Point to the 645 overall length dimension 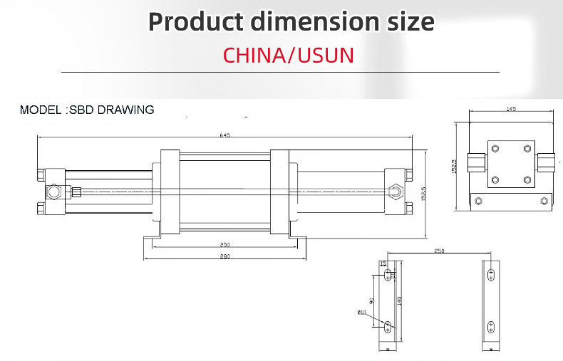(225, 135)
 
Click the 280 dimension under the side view (224, 256)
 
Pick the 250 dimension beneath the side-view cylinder (224, 245)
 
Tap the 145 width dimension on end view (510, 110)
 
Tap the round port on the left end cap (53, 192)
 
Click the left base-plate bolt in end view (478, 201)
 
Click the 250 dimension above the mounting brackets (439, 251)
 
